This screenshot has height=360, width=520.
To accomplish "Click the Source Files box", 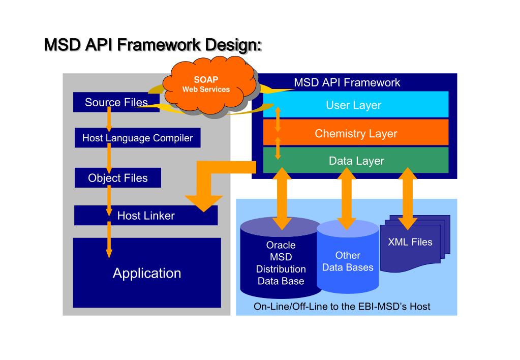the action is (x=116, y=102).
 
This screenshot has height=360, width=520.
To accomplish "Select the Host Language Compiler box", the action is (x=138, y=138).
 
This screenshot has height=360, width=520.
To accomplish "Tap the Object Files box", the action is (x=118, y=178).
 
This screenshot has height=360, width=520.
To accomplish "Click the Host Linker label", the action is (x=146, y=216).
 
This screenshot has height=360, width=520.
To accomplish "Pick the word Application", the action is (x=147, y=273).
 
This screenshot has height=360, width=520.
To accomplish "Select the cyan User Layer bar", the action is (x=356, y=105).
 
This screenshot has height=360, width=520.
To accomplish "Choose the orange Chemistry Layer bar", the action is (x=356, y=133).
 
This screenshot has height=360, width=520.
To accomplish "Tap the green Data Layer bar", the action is (x=356, y=161).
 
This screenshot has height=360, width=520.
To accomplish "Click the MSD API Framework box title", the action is (x=347, y=82).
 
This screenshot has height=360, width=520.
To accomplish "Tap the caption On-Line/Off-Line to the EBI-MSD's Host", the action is (x=342, y=306).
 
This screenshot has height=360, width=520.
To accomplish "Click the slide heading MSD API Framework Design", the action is (x=153, y=45).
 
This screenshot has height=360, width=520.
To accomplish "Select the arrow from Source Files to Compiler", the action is (x=109, y=119).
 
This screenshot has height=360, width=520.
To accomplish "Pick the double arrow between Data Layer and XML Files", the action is (x=408, y=198).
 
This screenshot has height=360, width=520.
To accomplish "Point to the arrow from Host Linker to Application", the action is (x=109, y=239).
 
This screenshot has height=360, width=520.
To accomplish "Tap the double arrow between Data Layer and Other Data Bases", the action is (x=347, y=198).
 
